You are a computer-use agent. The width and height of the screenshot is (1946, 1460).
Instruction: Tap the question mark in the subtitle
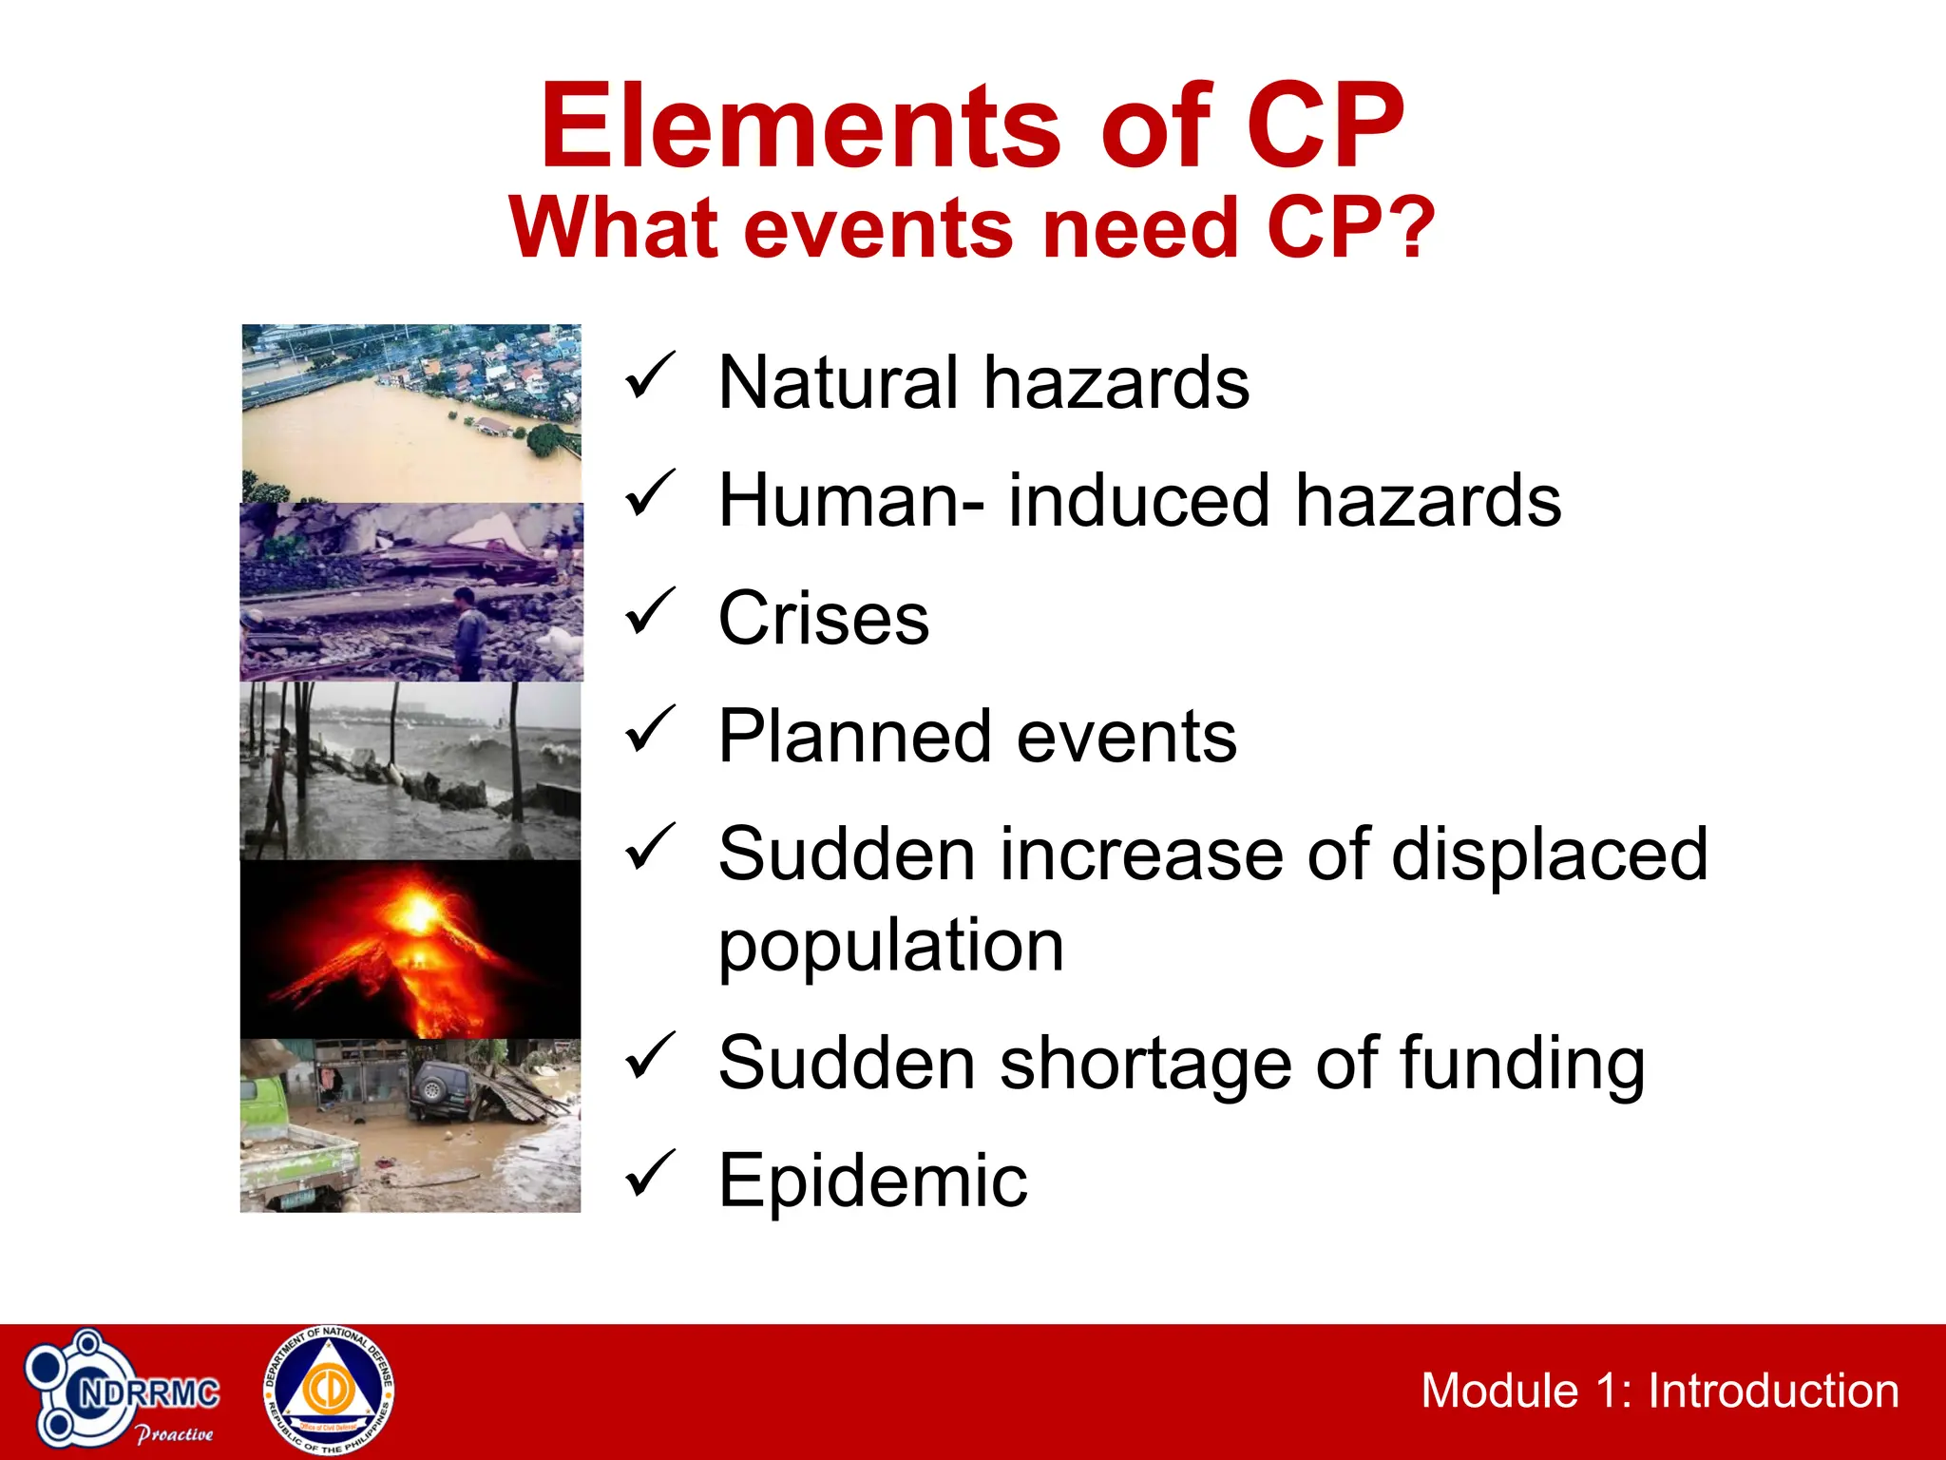click(x=1409, y=228)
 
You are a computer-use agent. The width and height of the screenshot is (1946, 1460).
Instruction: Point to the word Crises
click(x=823, y=619)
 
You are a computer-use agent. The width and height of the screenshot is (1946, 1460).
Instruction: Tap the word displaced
click(x=1550, y=855)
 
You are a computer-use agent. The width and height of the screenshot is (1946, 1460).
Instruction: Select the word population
click(x=890, y=946)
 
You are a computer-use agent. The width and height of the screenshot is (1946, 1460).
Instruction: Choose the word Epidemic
click(x=872, y=1181)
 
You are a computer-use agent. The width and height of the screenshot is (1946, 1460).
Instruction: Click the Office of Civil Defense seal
click(x=329, y=1391)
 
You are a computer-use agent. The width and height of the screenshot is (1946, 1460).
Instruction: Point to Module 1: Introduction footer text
click(x=1659, y=1392)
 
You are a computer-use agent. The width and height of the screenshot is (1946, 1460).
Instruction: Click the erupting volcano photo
click(x=410, y=949)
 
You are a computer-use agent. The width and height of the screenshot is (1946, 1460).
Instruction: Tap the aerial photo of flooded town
click(x=410, y=413)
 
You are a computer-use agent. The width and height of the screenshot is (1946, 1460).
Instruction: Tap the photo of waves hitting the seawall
click(x=410, y=770)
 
